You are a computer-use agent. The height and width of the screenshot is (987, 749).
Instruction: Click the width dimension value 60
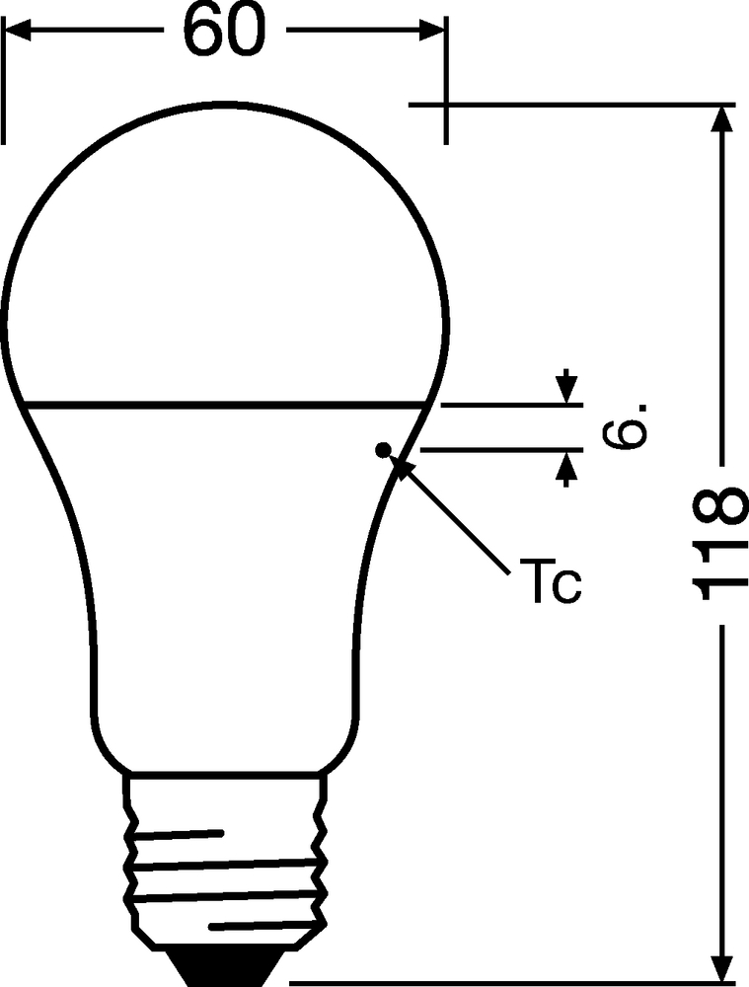coord(225,31)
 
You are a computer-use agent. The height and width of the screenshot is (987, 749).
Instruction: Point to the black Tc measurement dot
coord(382,449)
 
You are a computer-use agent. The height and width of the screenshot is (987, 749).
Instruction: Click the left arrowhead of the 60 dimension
coord(17,31)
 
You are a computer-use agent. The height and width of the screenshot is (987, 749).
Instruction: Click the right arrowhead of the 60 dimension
coord(433,31)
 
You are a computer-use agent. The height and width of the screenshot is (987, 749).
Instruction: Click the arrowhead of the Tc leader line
coord(403,467)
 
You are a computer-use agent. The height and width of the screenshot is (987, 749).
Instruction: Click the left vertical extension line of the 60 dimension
coord(4,81)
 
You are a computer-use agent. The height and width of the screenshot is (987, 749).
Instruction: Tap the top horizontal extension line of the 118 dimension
coord(572,105)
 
